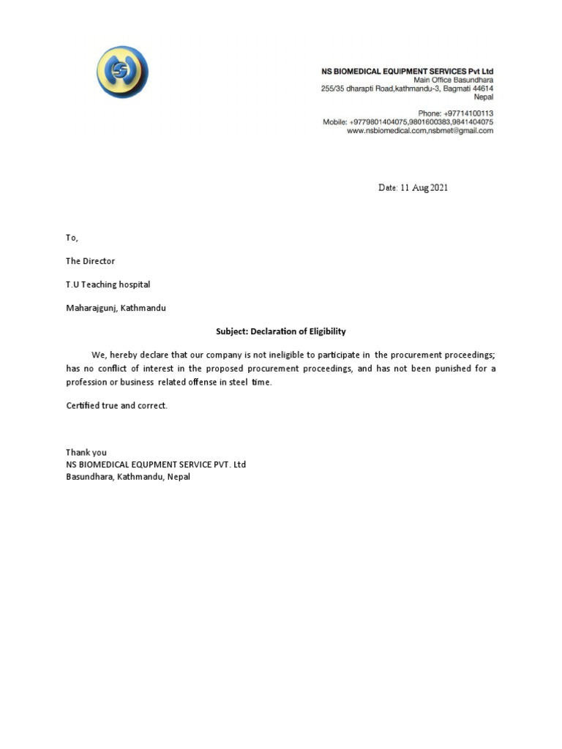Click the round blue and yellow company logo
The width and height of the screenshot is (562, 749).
tap(122, 72)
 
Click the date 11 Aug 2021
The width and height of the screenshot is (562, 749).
tap(413, 188)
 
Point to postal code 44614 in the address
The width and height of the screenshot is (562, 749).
tap(479, 89)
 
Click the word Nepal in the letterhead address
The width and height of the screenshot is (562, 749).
tap(483, 97)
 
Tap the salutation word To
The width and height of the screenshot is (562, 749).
tap(71, 238)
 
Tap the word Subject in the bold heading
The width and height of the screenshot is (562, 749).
tap(231, 331)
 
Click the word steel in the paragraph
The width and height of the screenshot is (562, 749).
tap(239, 383)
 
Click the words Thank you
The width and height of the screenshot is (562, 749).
tap(86, 453)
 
